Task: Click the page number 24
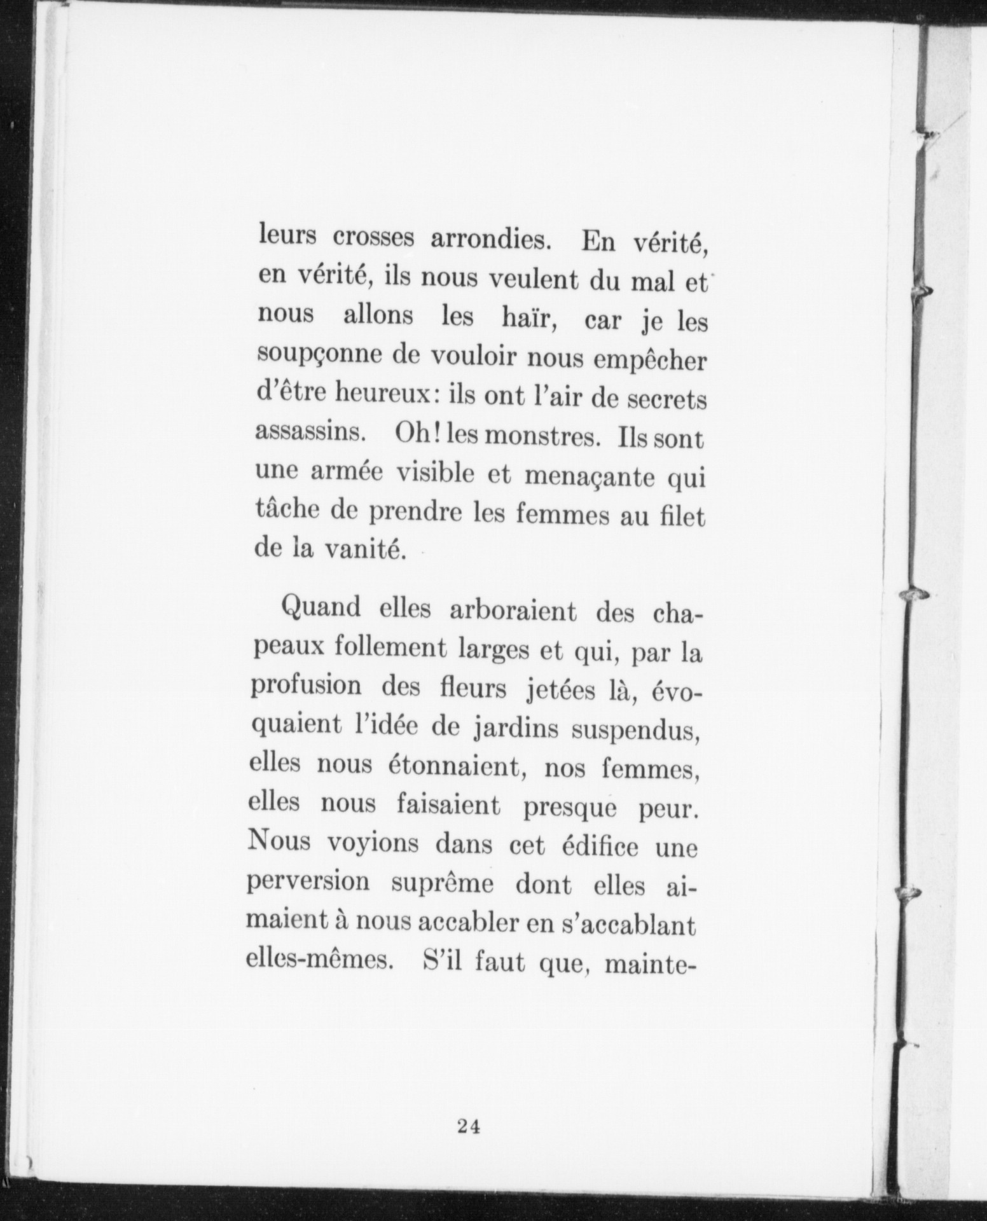click(468, 1127)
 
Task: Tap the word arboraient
click(513, 612)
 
